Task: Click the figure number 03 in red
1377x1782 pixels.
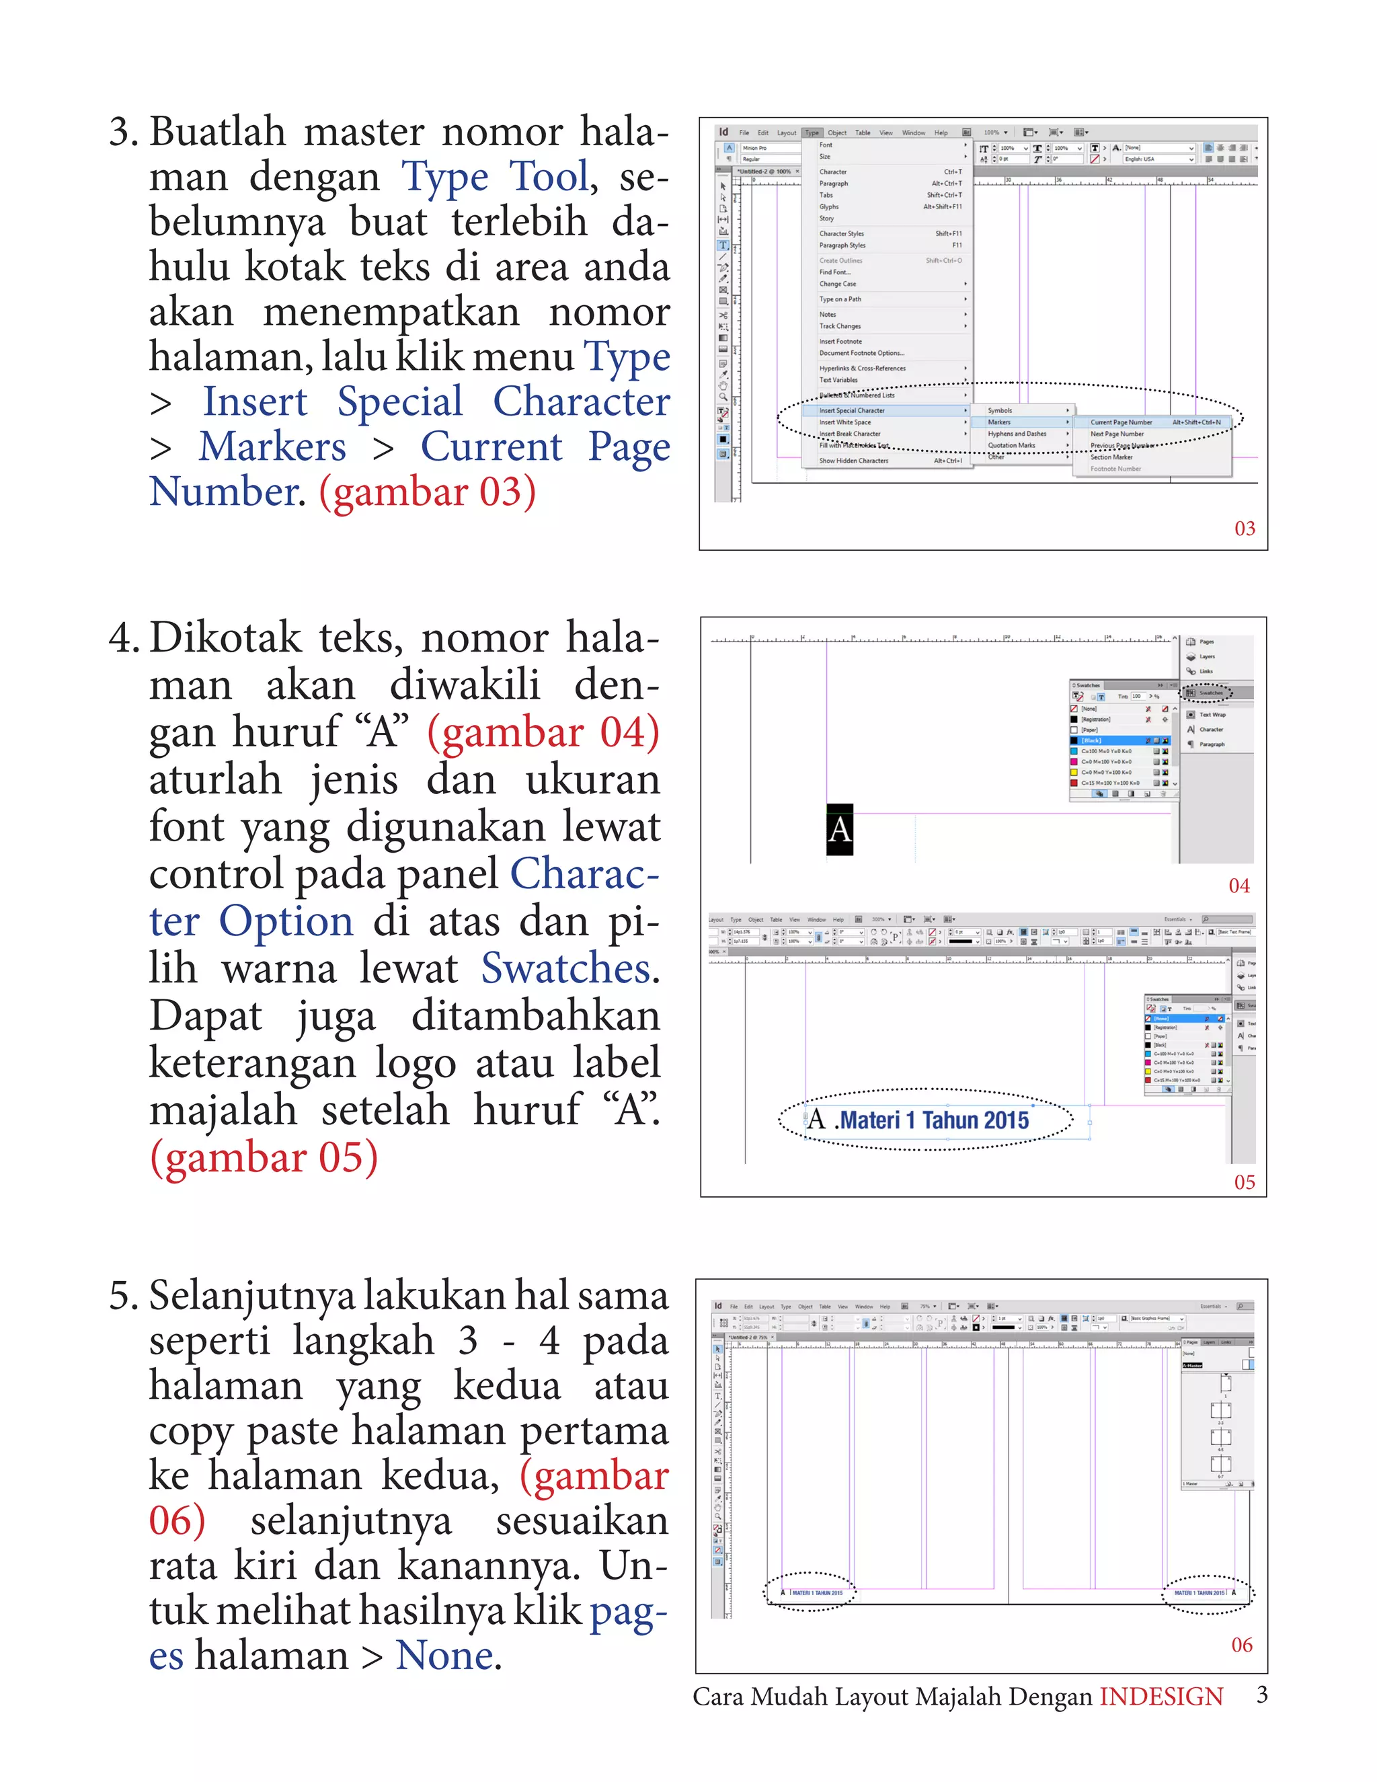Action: [1244, 529]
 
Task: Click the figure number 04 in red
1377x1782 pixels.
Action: [1238, 886]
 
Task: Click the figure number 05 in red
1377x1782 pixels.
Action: [1244, 1182]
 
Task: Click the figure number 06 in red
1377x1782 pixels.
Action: [1241, 1645]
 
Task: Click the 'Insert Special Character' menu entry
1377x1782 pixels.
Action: [852, 410]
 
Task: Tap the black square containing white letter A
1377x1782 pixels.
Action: [839, 830]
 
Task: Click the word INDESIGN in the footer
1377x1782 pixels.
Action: [1160, 1697]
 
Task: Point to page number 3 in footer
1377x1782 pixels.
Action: [1261, 1695]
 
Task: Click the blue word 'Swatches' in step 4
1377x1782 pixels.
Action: [565, 968]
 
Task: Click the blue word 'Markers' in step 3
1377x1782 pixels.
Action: [272, 447]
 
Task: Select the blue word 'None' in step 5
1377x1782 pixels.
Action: [444, 1656]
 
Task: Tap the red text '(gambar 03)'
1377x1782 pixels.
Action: [427, 492]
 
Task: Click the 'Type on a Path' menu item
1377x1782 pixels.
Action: [840, 299]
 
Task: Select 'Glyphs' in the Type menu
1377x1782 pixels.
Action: [829, 206]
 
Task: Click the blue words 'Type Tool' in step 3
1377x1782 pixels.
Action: [494, 177]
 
